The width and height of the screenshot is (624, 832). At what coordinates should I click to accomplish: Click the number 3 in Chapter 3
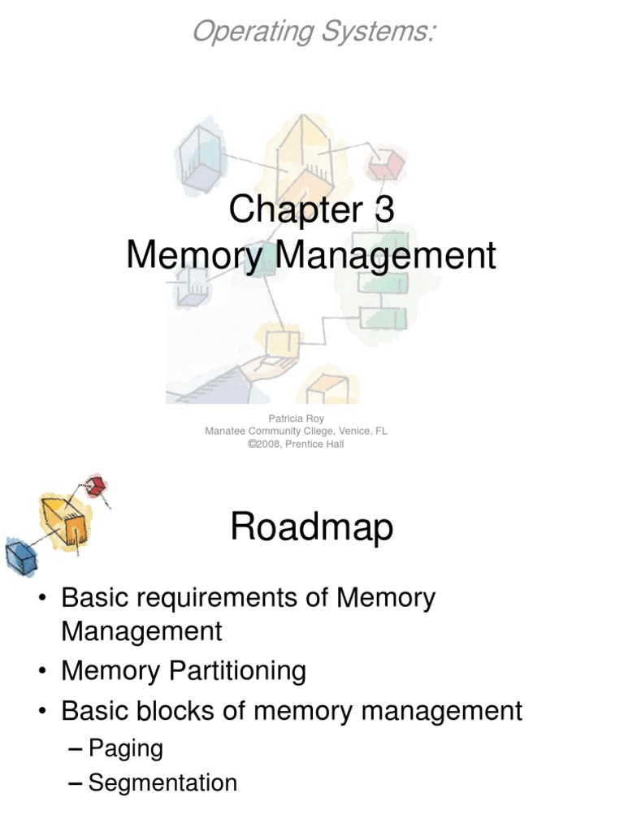point(383,210)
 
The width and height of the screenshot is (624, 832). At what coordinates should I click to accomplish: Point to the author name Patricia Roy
point(296,419)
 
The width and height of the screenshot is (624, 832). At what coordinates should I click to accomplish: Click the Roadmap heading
point(312,528)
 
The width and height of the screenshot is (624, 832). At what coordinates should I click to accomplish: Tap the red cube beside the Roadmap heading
point(96,487)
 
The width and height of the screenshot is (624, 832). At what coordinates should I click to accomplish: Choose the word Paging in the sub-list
point(125,748)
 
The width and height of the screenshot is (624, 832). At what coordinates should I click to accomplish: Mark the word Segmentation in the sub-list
point(162,783)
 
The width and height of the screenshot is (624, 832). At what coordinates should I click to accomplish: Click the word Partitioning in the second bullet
point(236,671)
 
